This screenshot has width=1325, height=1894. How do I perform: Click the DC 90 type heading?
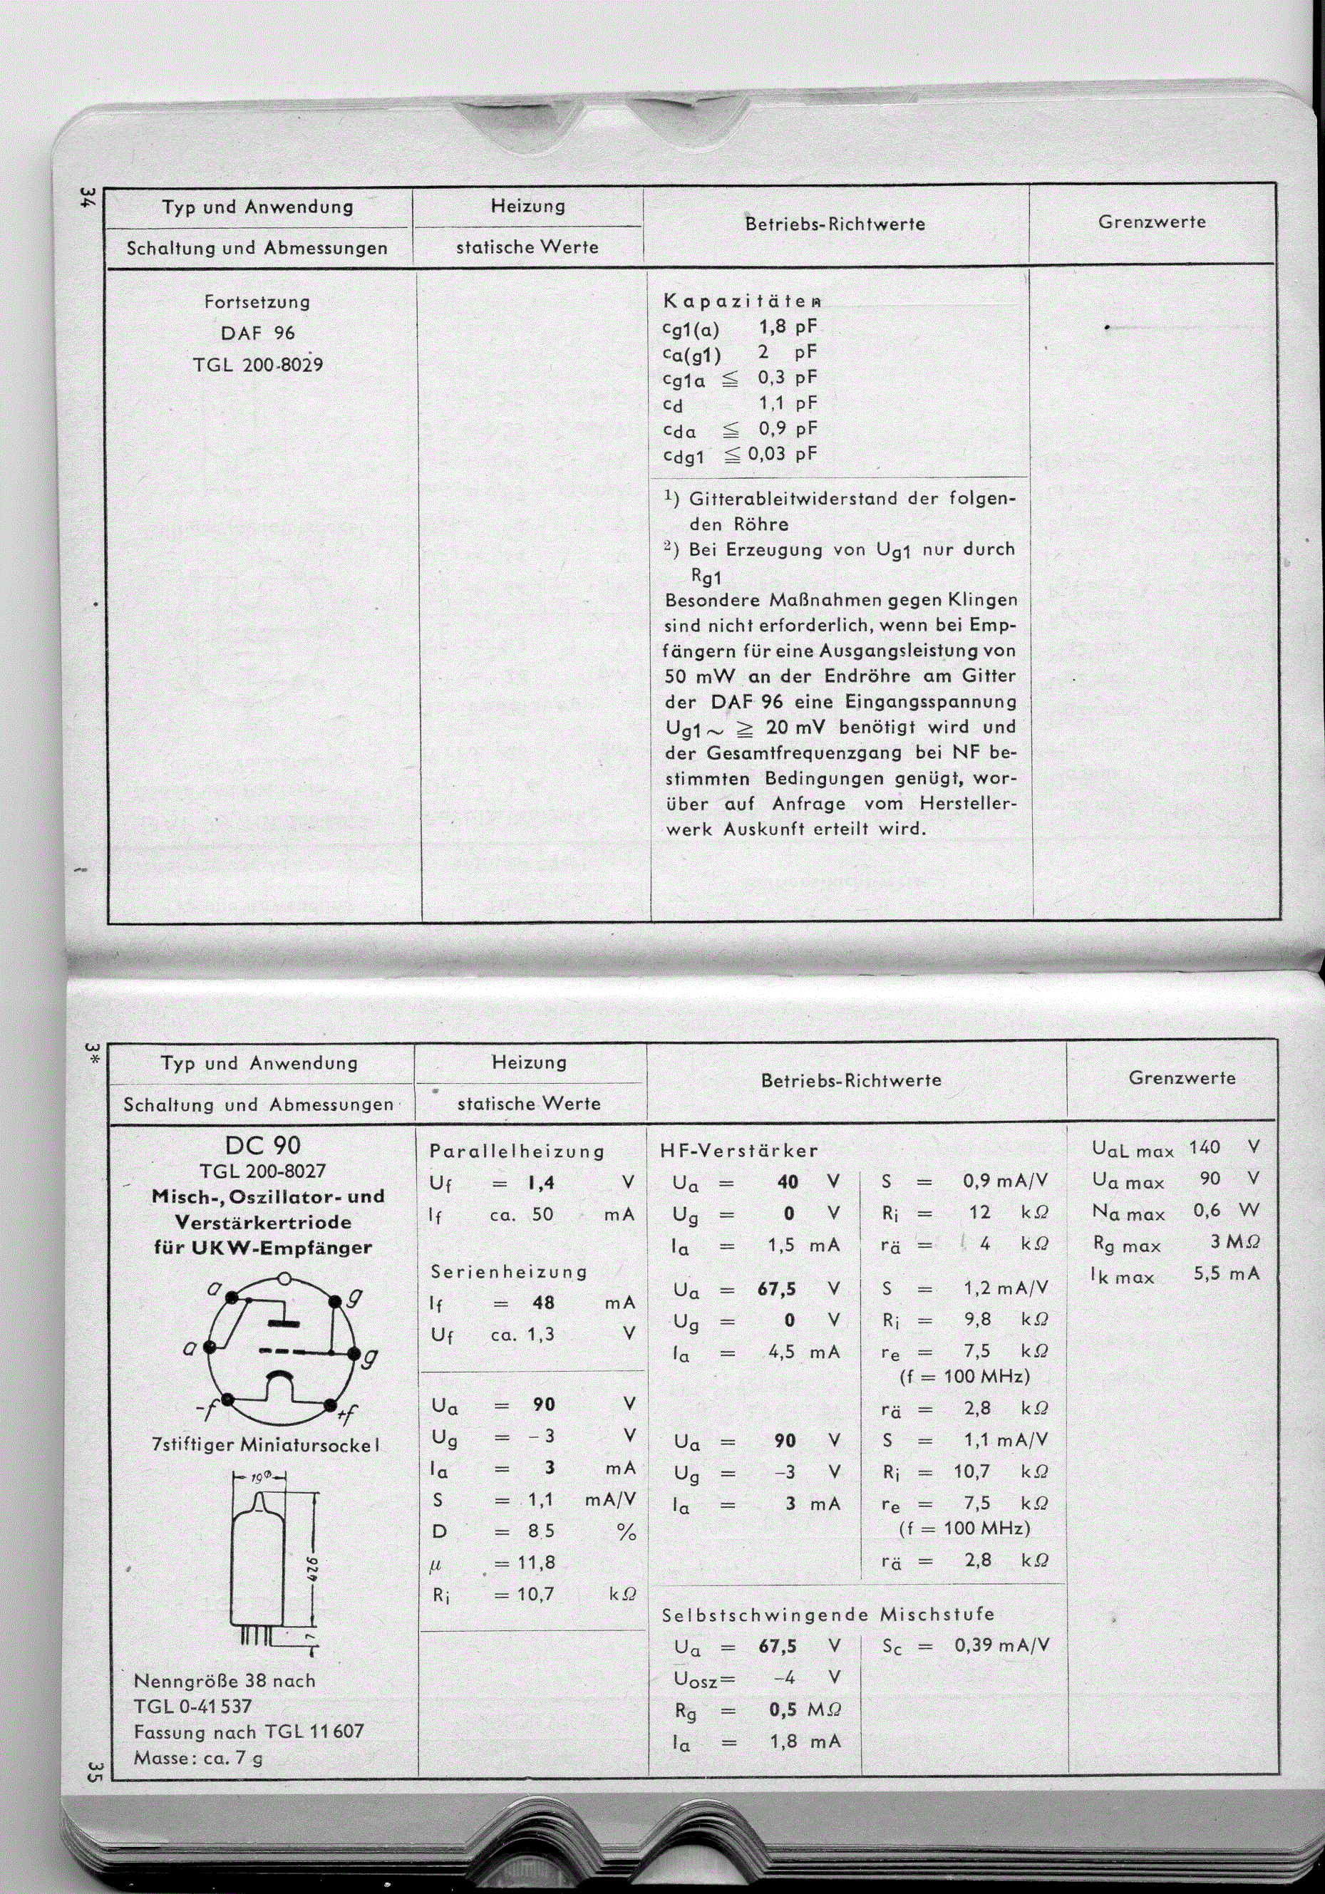(262, 1146)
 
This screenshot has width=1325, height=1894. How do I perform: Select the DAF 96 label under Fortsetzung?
(257, 333)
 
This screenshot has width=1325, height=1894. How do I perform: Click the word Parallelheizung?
(517, 1151)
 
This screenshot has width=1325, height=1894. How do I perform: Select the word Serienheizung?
(509, 1271)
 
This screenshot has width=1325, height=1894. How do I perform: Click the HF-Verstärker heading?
(739, 1150)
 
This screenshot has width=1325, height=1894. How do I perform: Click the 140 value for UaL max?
(1205, 1147)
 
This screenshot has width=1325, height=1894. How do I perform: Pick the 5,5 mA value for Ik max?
(1226, 1273)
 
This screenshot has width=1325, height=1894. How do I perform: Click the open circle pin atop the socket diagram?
(284, 1280)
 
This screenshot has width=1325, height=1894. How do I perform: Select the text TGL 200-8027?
(262, 1171)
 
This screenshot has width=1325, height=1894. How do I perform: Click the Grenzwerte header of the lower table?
(1182, 1078)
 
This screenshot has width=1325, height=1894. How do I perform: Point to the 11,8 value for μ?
(535, 1563)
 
